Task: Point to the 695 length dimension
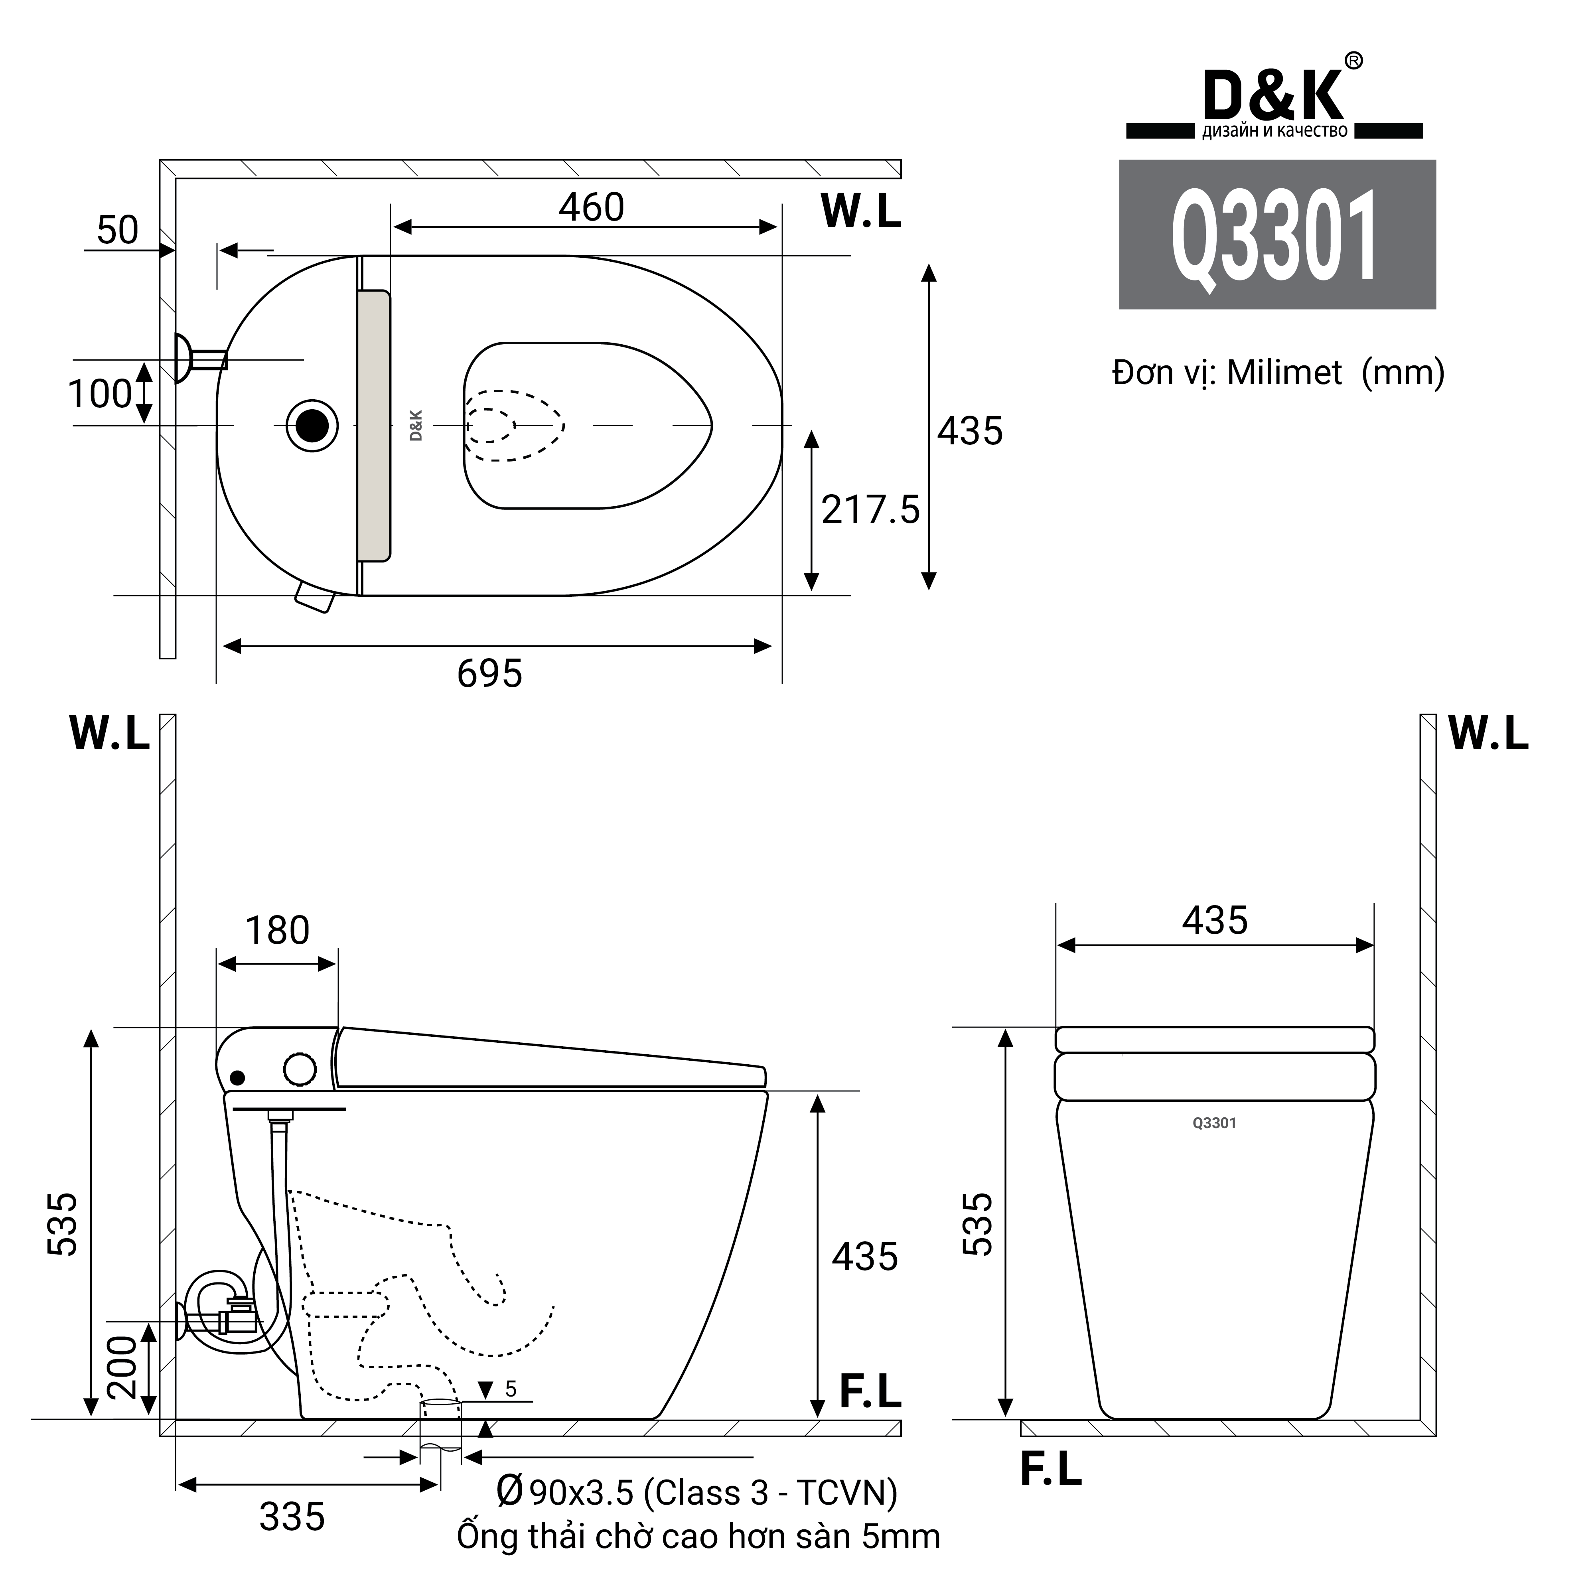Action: point(490,673)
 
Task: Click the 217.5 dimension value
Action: point(870,510)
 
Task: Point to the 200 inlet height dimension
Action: point(122,1367)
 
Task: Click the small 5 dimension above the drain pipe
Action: point(511,1389)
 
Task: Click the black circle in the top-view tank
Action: point(312,426)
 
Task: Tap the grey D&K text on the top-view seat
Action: point(416,426)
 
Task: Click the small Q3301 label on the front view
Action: point(1214,1123)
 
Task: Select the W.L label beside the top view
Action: point(860,211)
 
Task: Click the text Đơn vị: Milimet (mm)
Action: point(1278,373)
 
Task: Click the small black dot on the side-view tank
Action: point(238,1077)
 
